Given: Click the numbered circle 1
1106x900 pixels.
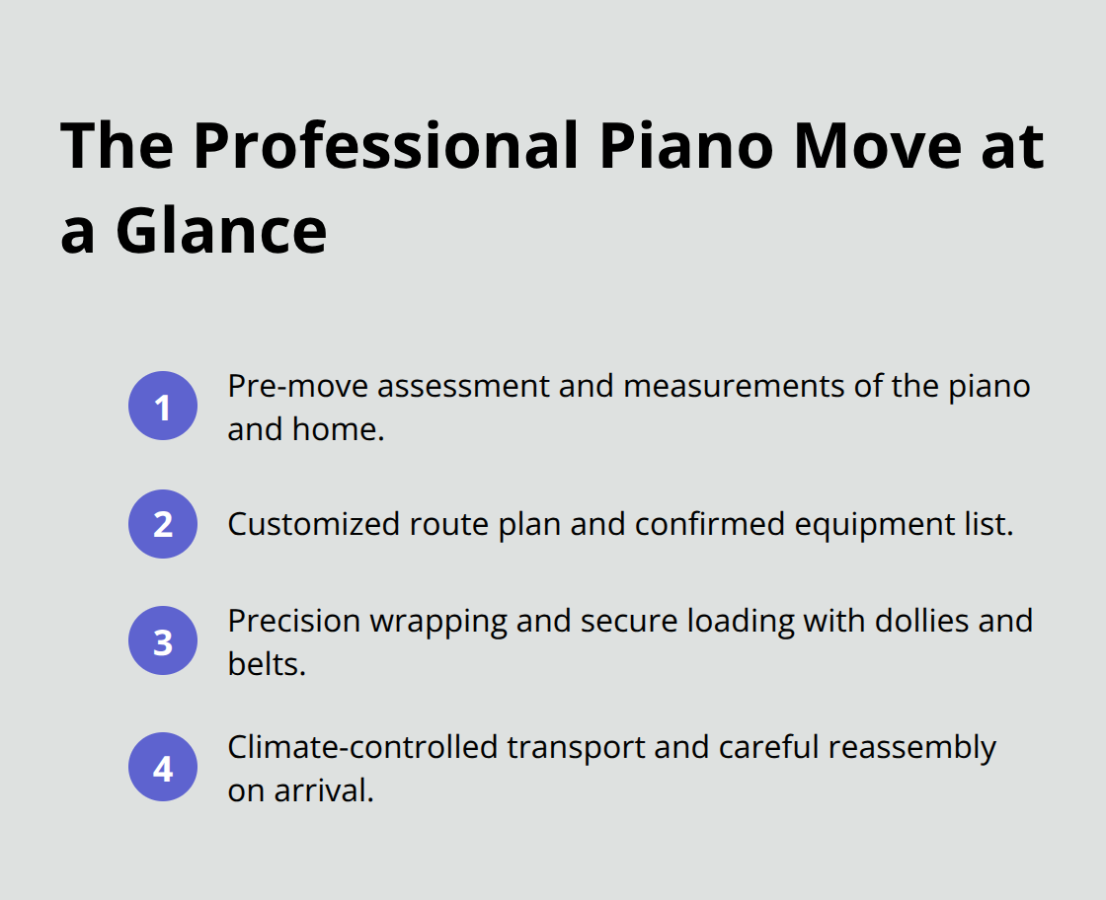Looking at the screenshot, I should click(x=163, y=407).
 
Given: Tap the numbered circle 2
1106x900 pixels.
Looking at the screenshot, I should click(x=163, y=524).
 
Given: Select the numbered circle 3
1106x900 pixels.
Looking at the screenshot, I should click(x=163, y=641).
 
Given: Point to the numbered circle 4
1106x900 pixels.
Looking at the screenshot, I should click(x=163, y=768).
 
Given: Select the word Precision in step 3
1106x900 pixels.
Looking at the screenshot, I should click(x=292, y=621).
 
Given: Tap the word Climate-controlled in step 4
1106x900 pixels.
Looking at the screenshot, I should click(x=362, y=748).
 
